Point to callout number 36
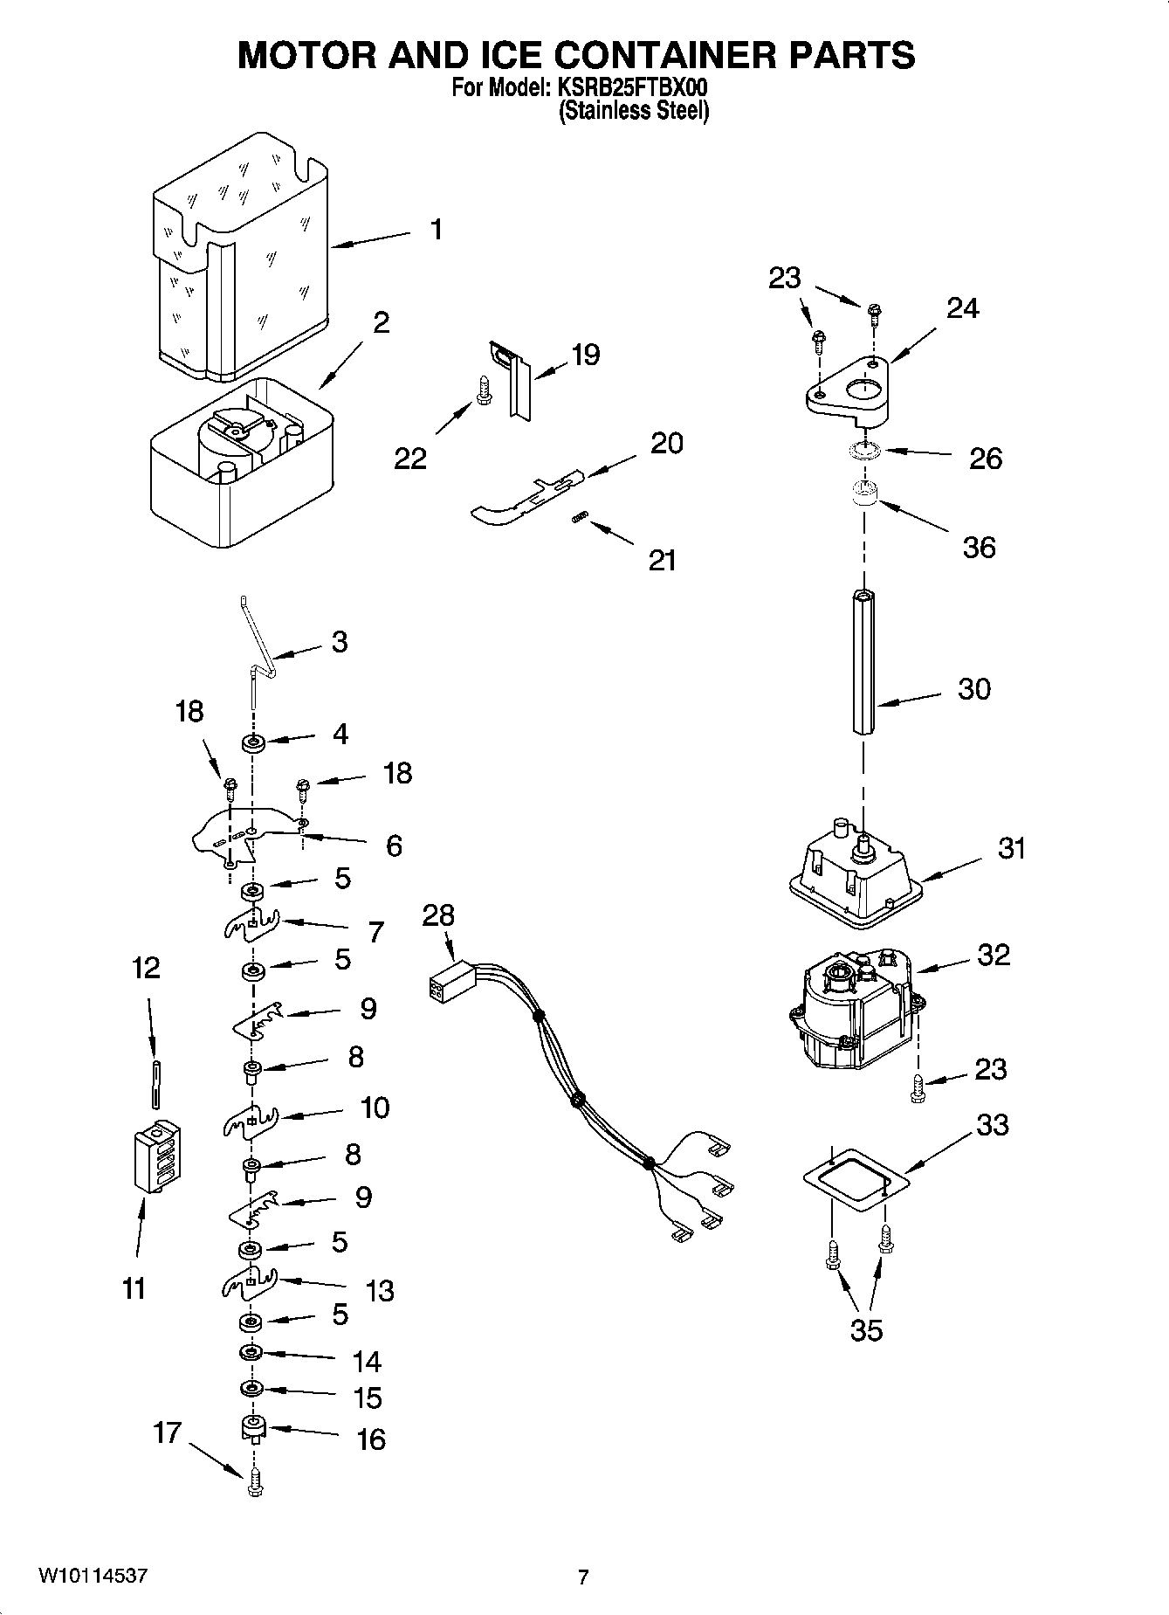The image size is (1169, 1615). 979,548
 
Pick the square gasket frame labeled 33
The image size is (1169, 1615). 856,1179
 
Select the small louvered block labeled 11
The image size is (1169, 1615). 159,1156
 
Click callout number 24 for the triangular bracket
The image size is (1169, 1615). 963,308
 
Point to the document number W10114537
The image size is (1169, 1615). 93,1577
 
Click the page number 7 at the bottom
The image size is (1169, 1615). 583,1577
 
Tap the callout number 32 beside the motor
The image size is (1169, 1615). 994,954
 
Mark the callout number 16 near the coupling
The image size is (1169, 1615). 371,1439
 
